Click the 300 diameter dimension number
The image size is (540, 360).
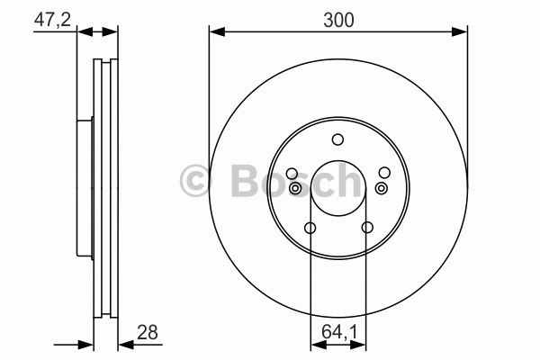coord(338,20)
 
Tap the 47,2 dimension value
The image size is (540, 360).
coord(52,19)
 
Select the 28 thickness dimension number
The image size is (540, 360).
coord(148,332)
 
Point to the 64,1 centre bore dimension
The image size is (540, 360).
coord(339,332)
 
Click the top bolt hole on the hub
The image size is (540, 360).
coord(337,139)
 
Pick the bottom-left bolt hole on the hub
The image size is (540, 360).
coord(310,228)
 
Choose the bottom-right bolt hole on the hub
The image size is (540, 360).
coord(367,228)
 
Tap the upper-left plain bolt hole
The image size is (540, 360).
coord(292,173)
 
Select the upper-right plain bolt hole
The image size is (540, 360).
coord(384,173)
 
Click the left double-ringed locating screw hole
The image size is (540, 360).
coord(295,188)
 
